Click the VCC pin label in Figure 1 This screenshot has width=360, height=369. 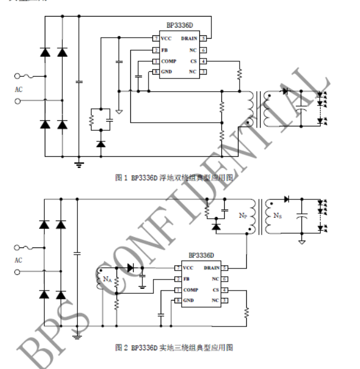166,39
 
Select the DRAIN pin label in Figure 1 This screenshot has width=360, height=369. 190,39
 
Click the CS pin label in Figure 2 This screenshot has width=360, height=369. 216,289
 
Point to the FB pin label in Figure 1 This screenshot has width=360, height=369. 164,50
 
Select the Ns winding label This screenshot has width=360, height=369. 277,214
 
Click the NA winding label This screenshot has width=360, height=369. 107,279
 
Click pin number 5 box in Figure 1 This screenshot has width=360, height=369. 204,39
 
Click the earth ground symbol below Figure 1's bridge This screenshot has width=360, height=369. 79,164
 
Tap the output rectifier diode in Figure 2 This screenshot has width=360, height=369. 287,199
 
